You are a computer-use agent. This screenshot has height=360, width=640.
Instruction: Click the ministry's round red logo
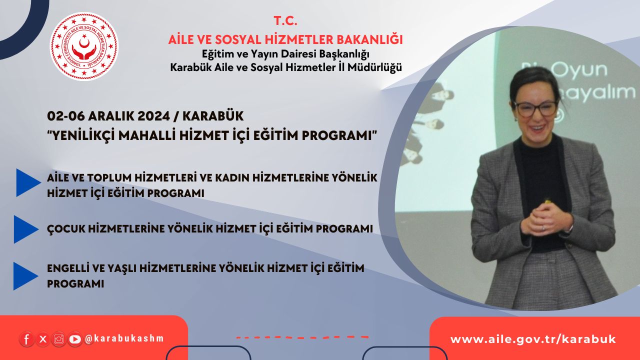point(84,46)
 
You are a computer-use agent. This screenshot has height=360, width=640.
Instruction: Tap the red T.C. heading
point(285,21)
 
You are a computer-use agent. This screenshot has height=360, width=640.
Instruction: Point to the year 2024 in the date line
point(153,116)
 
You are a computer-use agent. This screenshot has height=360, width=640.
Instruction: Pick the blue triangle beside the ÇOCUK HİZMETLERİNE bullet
point(26,229)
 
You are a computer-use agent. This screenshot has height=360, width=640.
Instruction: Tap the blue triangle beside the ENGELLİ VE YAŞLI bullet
point(25,276)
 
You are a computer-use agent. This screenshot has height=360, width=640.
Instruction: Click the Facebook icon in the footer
point(26,339)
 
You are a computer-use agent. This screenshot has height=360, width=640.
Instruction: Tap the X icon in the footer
point(43,339)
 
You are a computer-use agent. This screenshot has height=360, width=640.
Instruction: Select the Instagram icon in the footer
point(59,339)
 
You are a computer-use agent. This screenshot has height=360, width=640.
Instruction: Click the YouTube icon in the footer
point(75,339)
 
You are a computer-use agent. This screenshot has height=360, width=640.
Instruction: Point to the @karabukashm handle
point(124,338)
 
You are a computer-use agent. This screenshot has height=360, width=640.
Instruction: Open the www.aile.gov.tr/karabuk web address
point(533,339)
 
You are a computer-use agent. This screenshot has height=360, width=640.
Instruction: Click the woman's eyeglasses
point(535,108)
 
